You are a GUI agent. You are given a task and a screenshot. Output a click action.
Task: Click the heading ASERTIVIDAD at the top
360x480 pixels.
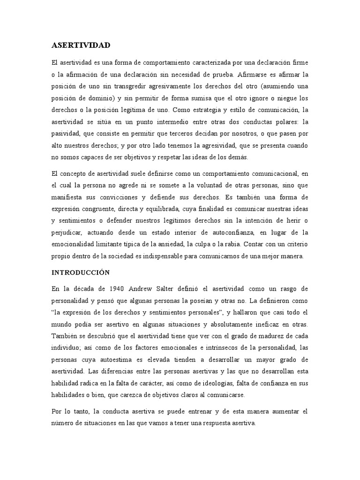tap(81, 45)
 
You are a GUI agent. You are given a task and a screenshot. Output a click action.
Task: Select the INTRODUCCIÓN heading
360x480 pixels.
tap(81, 272)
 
